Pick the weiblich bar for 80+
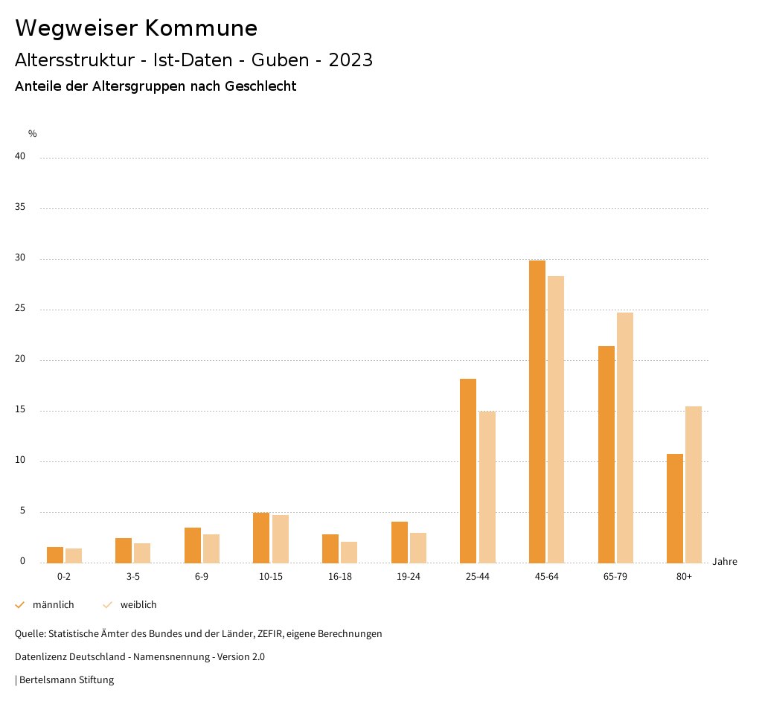pyautogui.click(x=694, y=484)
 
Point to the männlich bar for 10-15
pyautogui.click(x=261, y=537)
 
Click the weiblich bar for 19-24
pyautogui.click(x=418, y=548)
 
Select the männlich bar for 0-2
pyautogui.click(x=55, y=555)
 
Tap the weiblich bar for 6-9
pyautogui.click(x=211, y=548)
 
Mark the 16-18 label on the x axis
pyautogui.click(x=340, y=577)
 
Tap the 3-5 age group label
pyautogui.click(x=133, y=577)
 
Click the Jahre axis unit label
pyautogui.click(x=725, y=562)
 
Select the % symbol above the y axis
pyautogui.click(x=33, y=134)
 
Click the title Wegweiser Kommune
pyautogui.click(x=136, y=28)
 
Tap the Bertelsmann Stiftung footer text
pyautogui.click(x=66, y=679)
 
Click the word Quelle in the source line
pyautogui.click(x=30, y=634)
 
